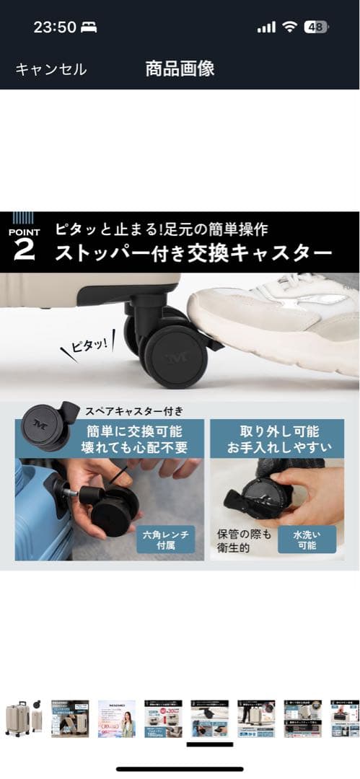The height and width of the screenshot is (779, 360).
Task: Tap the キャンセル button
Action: (x=51, y=69)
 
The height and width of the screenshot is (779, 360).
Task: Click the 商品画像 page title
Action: (x=180, y=69)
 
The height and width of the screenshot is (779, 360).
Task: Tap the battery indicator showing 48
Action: (x=315, y=27)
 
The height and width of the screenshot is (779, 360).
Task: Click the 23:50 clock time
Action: (x=55, y=27)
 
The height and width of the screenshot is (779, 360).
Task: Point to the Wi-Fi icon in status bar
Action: (x=290, y=27)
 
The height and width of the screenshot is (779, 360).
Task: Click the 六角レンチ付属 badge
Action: (x=165, y=540)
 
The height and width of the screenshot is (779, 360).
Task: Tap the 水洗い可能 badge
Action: (x=304, y=539)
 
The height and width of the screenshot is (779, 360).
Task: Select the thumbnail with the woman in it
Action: (x=117, y=718)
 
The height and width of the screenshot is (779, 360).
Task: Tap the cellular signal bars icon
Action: (x=266, y=27)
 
